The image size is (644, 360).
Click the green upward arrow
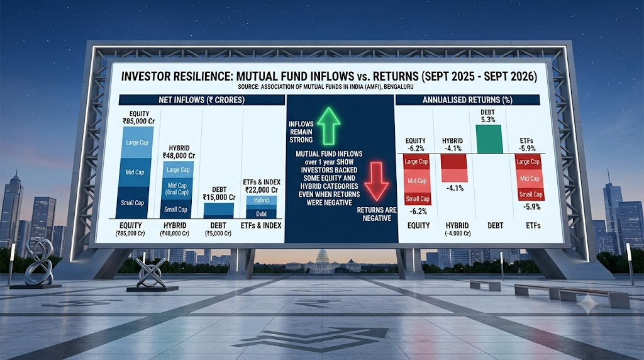pos(328,127)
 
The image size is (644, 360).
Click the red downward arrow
pos(376,181)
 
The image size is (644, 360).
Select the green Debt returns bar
pos(489,139)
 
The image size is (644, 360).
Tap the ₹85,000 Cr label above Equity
pos(139,121)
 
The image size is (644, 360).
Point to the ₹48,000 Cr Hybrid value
pos(179,155)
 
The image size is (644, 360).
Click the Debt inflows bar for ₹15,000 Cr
pos(218,211)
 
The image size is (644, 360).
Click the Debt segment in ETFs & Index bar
pos(261,214)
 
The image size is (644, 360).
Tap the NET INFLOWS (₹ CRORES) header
pos(201,100)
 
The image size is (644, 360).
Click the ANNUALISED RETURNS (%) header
pos(467,100)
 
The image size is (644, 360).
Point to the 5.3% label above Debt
pos(487,120)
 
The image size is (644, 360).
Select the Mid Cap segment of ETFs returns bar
pos(530,179)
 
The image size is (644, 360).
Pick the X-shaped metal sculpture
pos(151,273)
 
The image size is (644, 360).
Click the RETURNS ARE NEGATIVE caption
pos(376,214)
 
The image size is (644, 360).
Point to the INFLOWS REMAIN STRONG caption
pos(301,132)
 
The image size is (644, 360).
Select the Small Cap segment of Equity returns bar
pos(418,199)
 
